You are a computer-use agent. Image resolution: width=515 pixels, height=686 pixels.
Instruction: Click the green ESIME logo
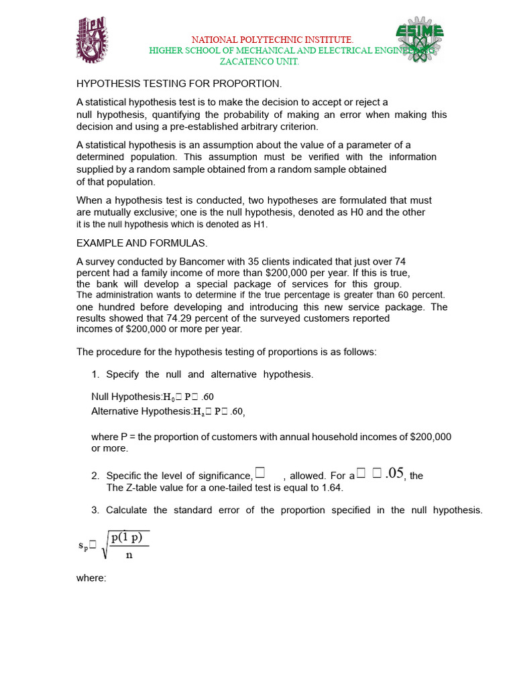pyautogui.click(x=418, y=40)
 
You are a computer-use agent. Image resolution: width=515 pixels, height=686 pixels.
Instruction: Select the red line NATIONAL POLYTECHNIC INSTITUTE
pyautogui.click(x=272, y=41)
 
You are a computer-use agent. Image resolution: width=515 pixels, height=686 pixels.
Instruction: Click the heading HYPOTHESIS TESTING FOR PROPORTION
pyautogui.click(x=180, y=84)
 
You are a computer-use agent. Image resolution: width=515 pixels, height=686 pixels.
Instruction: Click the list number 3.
pyautogui.click(x=95, y=510)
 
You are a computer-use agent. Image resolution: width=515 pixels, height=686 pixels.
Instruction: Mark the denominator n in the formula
pyautogui.click(x=129, y=554)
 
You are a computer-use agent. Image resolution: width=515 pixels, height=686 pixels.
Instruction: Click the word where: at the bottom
pyautogui.click(x=91, y=578)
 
